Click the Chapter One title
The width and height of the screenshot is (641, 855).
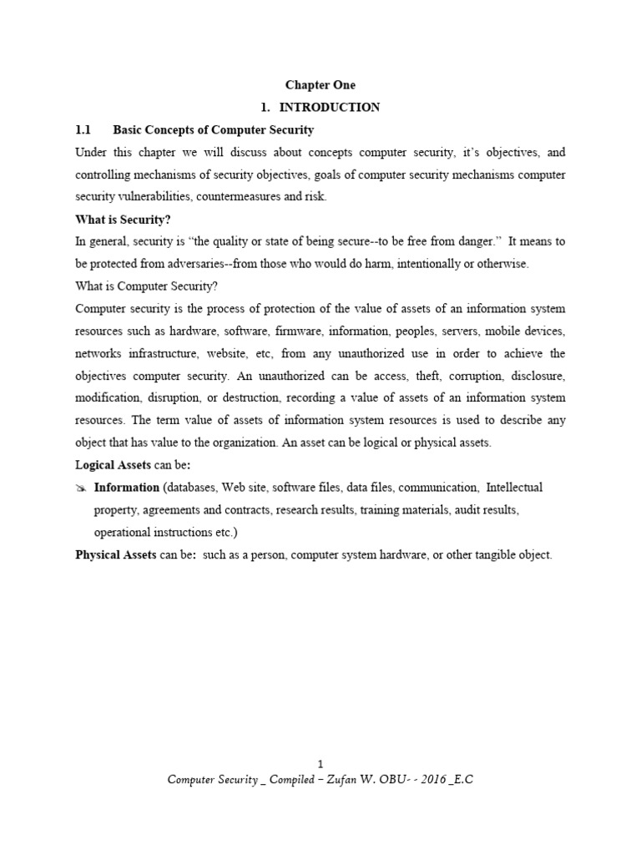pyautogui.click(x=320, y=85)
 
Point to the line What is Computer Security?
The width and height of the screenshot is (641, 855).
pyautogui.click(x=146, y=286)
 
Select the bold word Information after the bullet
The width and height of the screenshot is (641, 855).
pyautogui.click(x=127, y=488)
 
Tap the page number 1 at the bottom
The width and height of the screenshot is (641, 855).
pyautogui.click(x=320, y=765)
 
